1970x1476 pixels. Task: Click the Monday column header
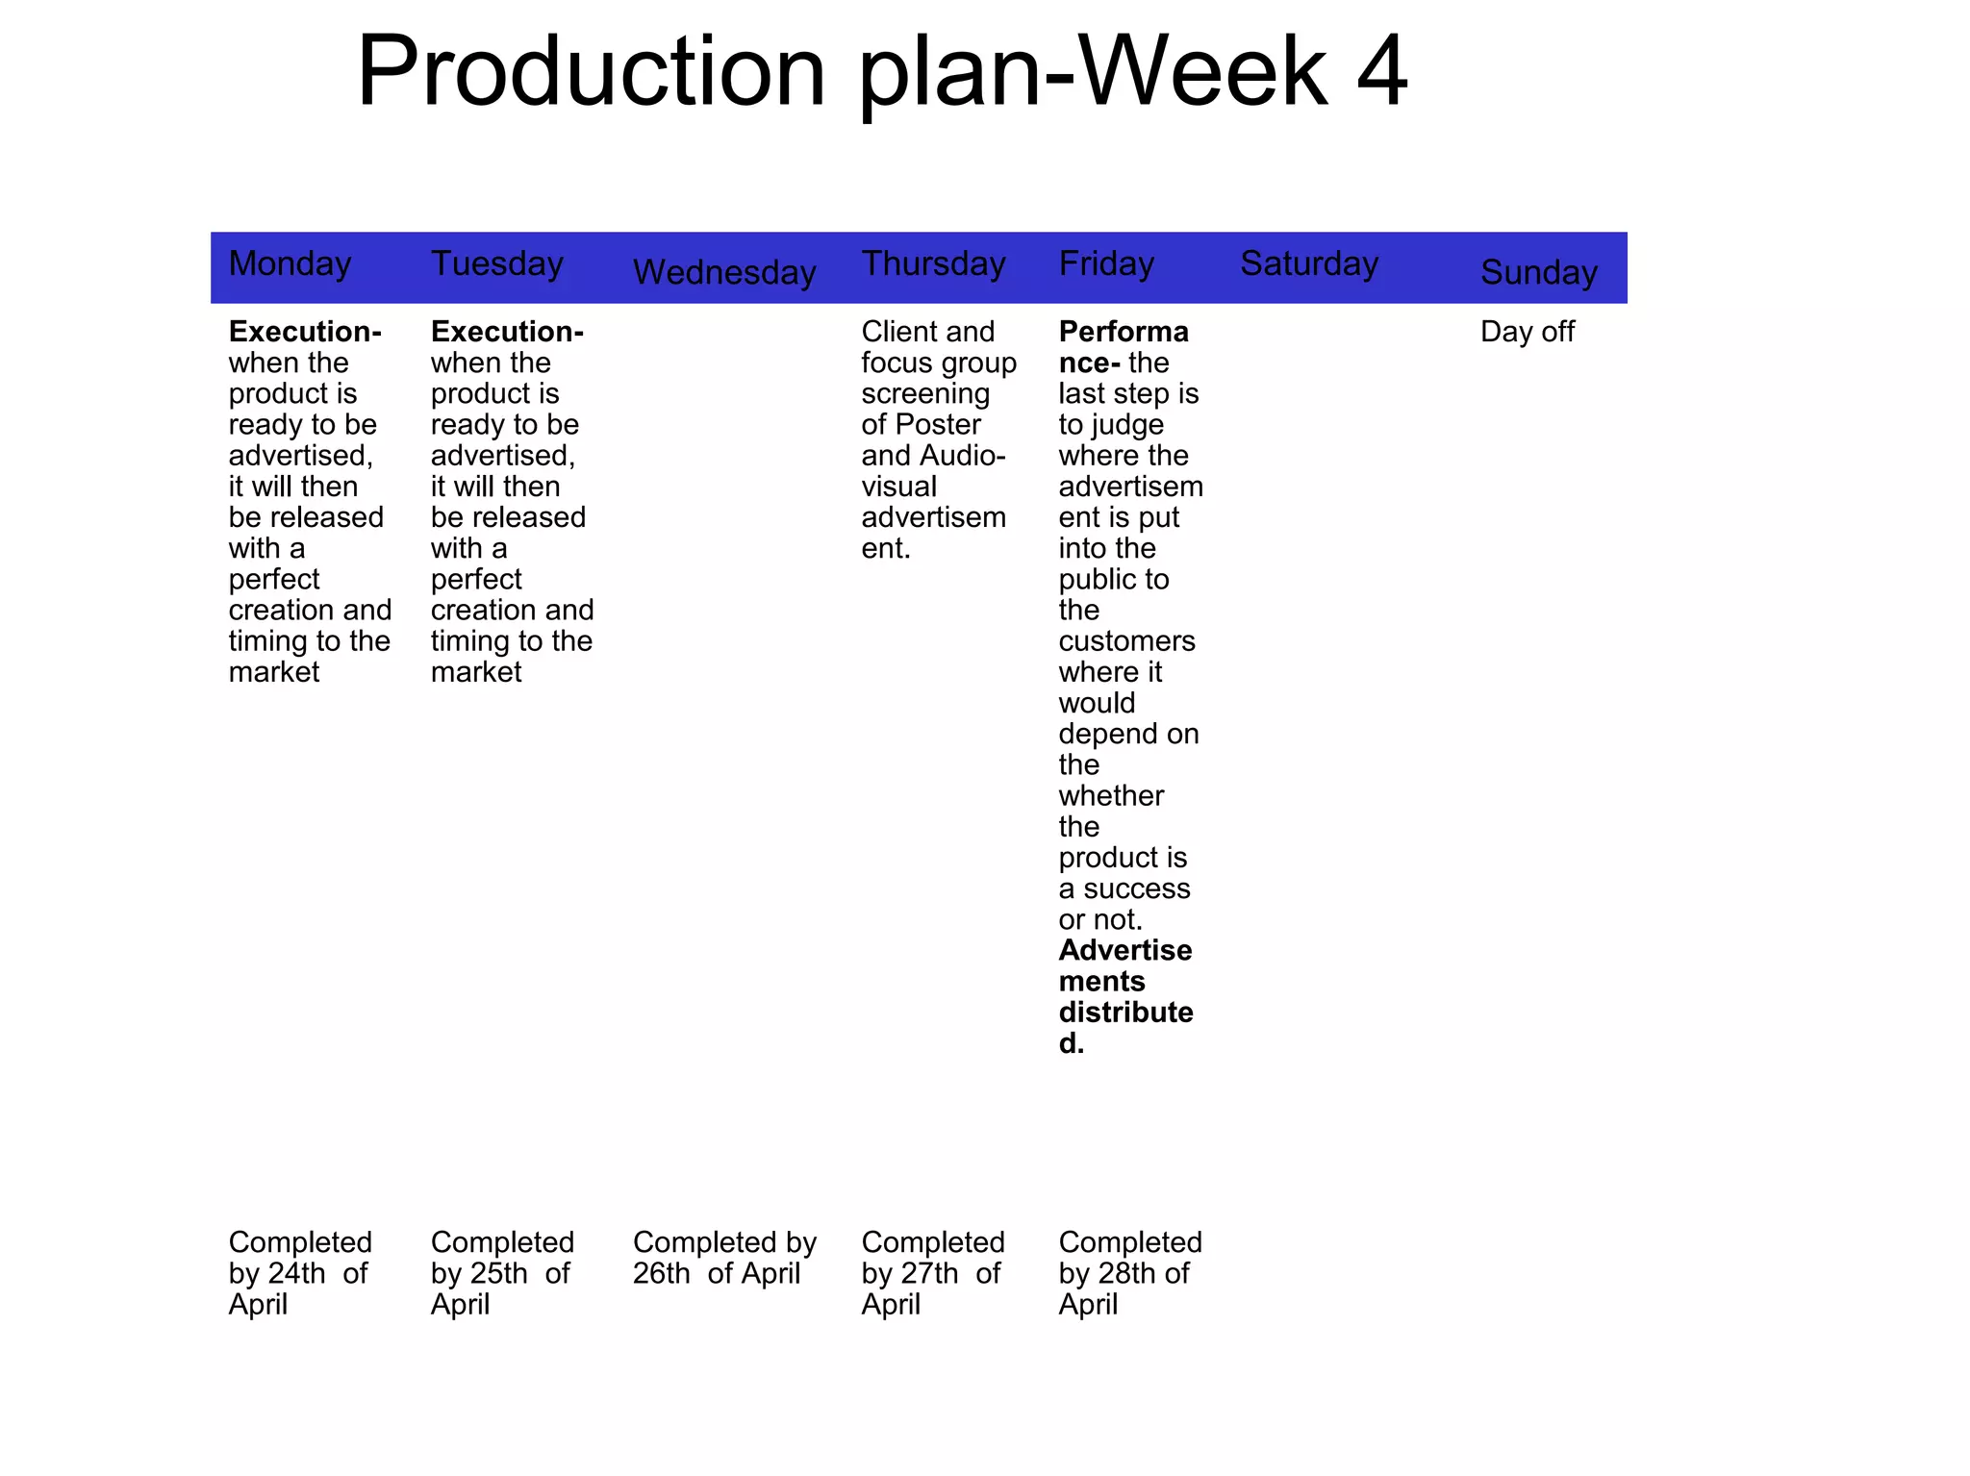coord(290,263)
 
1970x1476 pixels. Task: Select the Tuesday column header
coord(496,263)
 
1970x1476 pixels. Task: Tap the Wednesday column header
coord(723,272)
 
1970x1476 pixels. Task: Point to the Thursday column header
coord(933,263)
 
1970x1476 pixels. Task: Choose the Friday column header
coord(1106,263)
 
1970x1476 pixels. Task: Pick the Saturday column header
coord(1308,263)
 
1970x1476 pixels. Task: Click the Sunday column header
coord(1538,272)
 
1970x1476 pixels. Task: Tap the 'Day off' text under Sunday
coord(1527,332)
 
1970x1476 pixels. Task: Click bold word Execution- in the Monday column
coord(305,332)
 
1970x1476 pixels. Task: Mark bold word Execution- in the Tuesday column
coord(507,332)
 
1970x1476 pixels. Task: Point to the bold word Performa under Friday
coord(1124,332)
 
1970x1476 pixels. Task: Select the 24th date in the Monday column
coord(296,1273)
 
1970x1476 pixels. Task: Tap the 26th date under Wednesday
coord(661,1273)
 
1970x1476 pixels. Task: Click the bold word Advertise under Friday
coord(1125,950)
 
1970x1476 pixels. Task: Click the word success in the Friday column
coord(1136,888)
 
